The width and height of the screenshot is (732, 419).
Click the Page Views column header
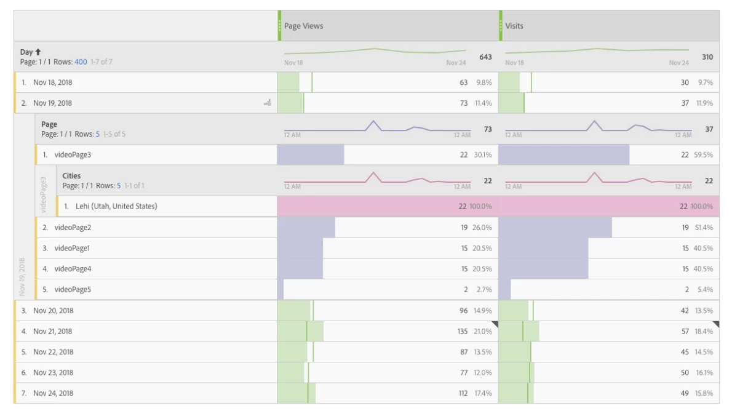pyautogui.click(x=303, y=26)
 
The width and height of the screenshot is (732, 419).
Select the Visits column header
pyautogui.click(x=514, y=26)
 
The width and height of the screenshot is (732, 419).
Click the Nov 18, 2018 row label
pyautogui.click(x=52, y=82)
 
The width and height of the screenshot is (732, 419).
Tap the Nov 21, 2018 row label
pyautogui.click(x=52, y=332)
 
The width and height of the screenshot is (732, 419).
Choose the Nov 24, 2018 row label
pyautogui.click(x=53, y=393)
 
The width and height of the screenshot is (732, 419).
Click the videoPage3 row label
pyautogui.click(x=73, y=154)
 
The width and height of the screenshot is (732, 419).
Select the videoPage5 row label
pyautogui.click(x=73, y=290)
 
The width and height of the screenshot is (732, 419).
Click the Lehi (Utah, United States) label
pyautogui.click(x=116, y=206)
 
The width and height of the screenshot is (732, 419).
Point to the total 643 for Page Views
pyautogui.click(x=485, y=57)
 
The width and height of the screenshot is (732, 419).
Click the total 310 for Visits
pyautogui.click(x=707, y=57)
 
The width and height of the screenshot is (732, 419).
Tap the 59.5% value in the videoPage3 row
pyautogui.click(x=704, y=154)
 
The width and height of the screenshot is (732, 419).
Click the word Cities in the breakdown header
pyautogui.click(x=71, y=176)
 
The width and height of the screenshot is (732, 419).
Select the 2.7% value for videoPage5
pyautogui.click(x=484, y=290)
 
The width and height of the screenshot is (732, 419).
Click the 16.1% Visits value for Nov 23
pyautogui.click(x=704, y=373)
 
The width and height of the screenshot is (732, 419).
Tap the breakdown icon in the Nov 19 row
pyautogui.click(x=267, y=103)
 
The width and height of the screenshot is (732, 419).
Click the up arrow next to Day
pyautogui.click(x=38, y=52)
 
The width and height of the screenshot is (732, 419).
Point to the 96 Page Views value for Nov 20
pyautogui.click(x=463, y=311)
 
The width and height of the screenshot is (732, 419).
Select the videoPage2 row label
pyautogui.click(x=73, y=228)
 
